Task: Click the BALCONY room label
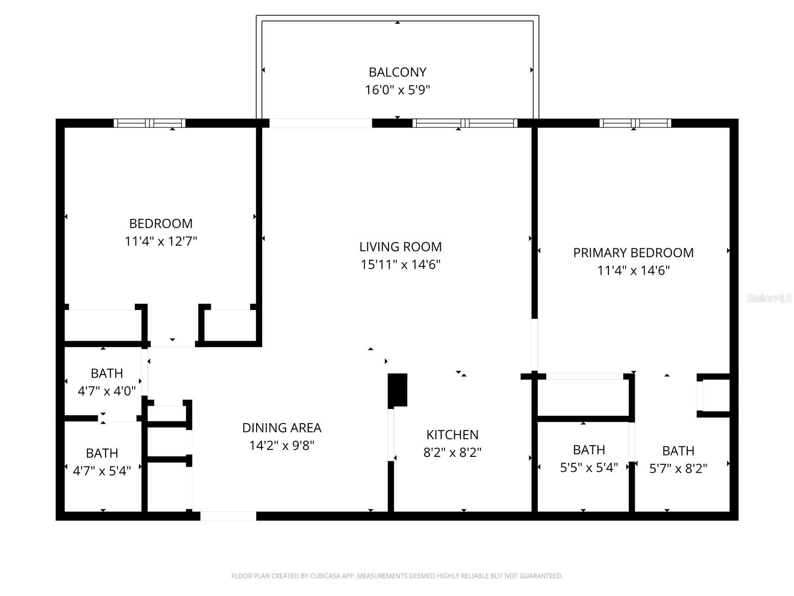click(x=397, y=72)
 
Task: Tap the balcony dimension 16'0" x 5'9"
click(x=397, y=90)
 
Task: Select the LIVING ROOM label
click(x=400, y=247)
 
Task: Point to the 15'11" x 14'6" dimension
click(x=400, y=265)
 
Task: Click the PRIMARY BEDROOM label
click(x=633, y=253)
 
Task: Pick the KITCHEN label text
click(x=452, y=435)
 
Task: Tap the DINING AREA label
click(x=281, y=428)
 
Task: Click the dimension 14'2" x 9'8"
click(x=281, y=446)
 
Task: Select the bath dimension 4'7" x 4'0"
click(x=107, y=391)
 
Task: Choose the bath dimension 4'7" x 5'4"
click(x=102, y=471)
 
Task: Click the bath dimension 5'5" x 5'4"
click(x=589, y=468)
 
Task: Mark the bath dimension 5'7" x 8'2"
click(x=678, y=468)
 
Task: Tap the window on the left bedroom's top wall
click(x=149, y=123)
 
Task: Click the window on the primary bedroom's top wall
click(x=635, y=123)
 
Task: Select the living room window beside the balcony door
click(x=465, y=123)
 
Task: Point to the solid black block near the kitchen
click(x=397, y=390)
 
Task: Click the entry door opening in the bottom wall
click(x=228, y=516)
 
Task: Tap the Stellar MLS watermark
click(x=769, y=298)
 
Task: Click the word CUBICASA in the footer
click(x=325, y=576)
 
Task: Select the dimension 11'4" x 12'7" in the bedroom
click(x=161, y=241)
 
